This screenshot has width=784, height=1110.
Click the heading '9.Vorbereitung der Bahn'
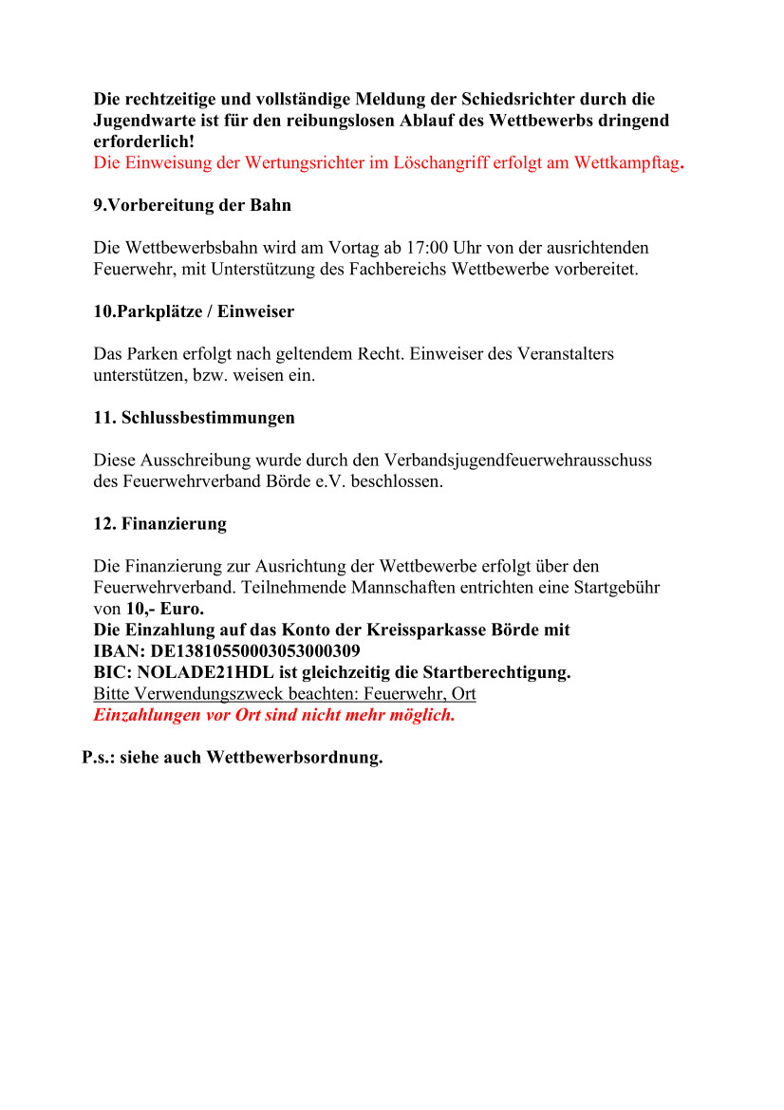192,205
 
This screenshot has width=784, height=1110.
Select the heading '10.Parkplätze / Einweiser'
194,311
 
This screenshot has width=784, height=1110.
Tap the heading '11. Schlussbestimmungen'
194,418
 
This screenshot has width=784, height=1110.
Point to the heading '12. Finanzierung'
159,524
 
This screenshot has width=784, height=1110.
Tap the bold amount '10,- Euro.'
165,609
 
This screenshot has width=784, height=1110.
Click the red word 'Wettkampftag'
625,162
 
